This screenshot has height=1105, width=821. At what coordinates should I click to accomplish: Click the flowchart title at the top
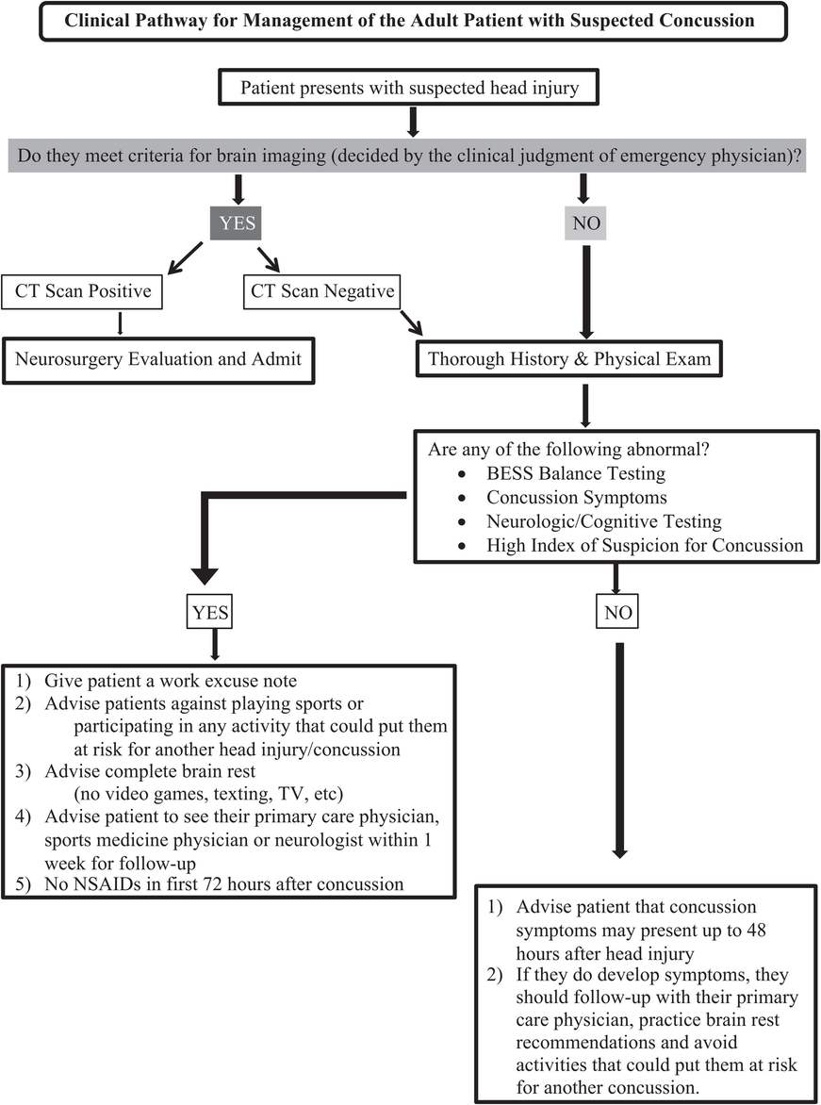click(409, 20)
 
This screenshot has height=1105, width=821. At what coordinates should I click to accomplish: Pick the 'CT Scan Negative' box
click(321, 291)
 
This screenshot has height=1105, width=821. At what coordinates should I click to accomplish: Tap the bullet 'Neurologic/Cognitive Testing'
click(590, 520)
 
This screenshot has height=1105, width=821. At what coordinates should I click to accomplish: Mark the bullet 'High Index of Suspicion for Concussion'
click(645, 545)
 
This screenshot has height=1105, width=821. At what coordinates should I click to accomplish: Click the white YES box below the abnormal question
click(212, 614)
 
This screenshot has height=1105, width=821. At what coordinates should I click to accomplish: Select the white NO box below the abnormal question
click(617, 614)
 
